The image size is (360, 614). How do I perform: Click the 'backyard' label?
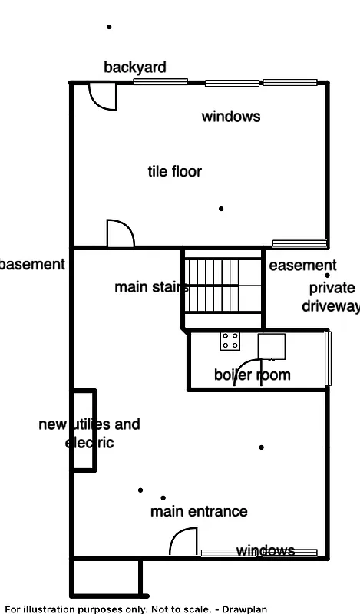(135, 68)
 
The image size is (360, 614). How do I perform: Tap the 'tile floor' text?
(174, 171)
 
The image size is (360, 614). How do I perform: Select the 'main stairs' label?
(151, 287)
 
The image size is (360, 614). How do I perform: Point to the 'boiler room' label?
(252, 375)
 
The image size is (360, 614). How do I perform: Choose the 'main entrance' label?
(199, 511)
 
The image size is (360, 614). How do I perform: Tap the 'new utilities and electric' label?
(88, 433)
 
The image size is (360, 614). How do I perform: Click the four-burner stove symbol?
(230, 341)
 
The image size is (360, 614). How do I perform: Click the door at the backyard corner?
(102, 95)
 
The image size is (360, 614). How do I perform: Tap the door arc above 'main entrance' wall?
(183, 543)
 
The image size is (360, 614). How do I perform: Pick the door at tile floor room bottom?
(120, 233)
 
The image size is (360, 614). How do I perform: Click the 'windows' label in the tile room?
(230, 117)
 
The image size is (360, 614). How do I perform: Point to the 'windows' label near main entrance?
(265, 550)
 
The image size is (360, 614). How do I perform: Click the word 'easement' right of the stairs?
(302, 266)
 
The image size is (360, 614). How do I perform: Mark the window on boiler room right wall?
(329, 358)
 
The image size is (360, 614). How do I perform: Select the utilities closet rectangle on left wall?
(84, 430)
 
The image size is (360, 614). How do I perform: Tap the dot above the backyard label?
(109, 27)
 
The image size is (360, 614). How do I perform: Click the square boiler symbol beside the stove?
(271, 345)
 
